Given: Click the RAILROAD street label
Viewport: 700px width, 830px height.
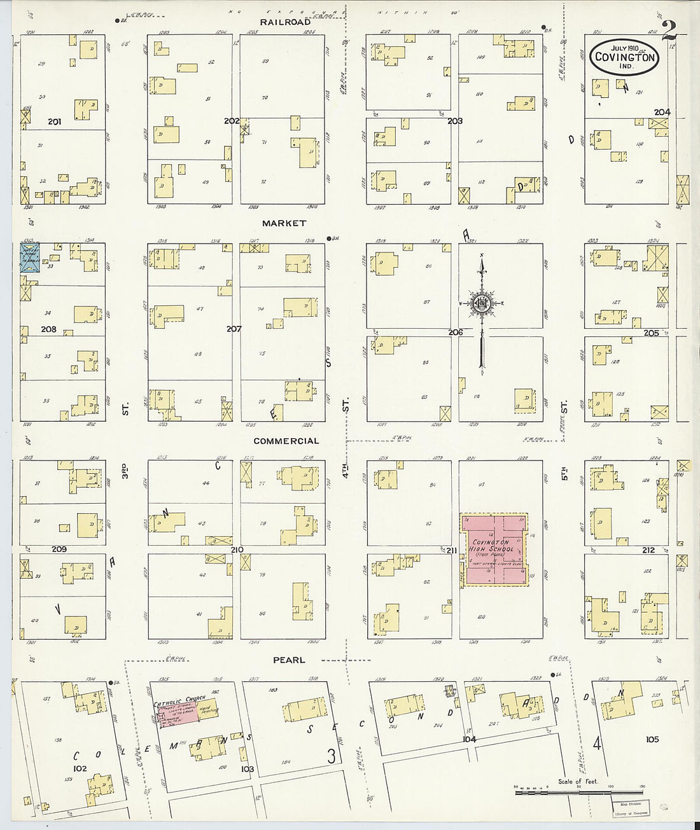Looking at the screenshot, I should pyautogui.click(x=285, y=22).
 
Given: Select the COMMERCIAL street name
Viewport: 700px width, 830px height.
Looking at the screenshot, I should pyautogui.click(x=286, y=441).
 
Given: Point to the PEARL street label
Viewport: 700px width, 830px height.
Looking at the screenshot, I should pyautogui.click(x=290, y=660).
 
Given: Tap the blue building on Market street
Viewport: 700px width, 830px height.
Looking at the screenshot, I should pyautogui.click(x=29, y=257).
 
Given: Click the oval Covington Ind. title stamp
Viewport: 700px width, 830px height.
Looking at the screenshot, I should pyautogui.click(x=624, y=56).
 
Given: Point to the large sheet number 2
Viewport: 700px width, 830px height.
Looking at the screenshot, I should pyautogui.click(x=668, y=30).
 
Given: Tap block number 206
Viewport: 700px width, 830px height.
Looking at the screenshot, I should pyautogui.click(x=455, y=332).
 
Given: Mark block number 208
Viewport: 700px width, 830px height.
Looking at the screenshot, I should pyautogui.click(x=48, y=329).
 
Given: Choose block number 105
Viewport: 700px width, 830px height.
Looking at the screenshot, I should pyautogui.click(x=652, y=739).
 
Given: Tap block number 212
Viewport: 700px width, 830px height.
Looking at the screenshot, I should pyautogui.click(x=648, y=550).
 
